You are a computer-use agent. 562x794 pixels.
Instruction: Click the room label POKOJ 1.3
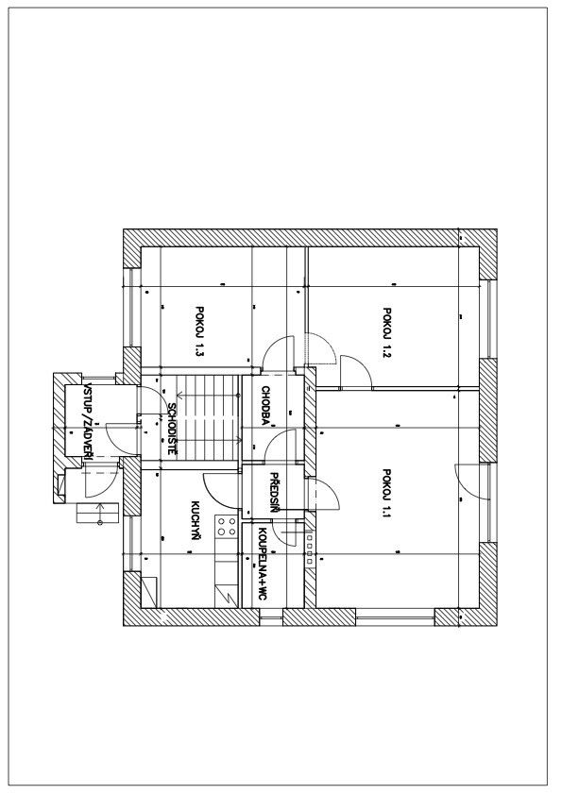point(199,330)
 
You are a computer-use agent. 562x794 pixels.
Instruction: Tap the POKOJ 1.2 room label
point(387,332)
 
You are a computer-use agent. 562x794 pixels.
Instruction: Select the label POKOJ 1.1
point(387,494)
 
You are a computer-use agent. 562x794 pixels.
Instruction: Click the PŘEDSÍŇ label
point(274,492)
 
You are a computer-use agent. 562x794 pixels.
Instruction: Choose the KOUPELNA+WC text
point(263,564)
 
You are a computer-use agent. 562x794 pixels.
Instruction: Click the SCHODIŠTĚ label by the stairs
point(172,429)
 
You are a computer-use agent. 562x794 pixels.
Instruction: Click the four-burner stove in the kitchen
point(226,526)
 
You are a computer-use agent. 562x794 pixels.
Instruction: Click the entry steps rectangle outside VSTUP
point(97,513)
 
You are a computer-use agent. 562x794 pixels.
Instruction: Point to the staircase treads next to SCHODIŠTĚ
point(208,417)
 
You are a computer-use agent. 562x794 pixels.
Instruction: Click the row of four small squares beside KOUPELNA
point(310,549)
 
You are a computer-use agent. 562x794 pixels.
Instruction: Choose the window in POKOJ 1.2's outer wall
point(487,319)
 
